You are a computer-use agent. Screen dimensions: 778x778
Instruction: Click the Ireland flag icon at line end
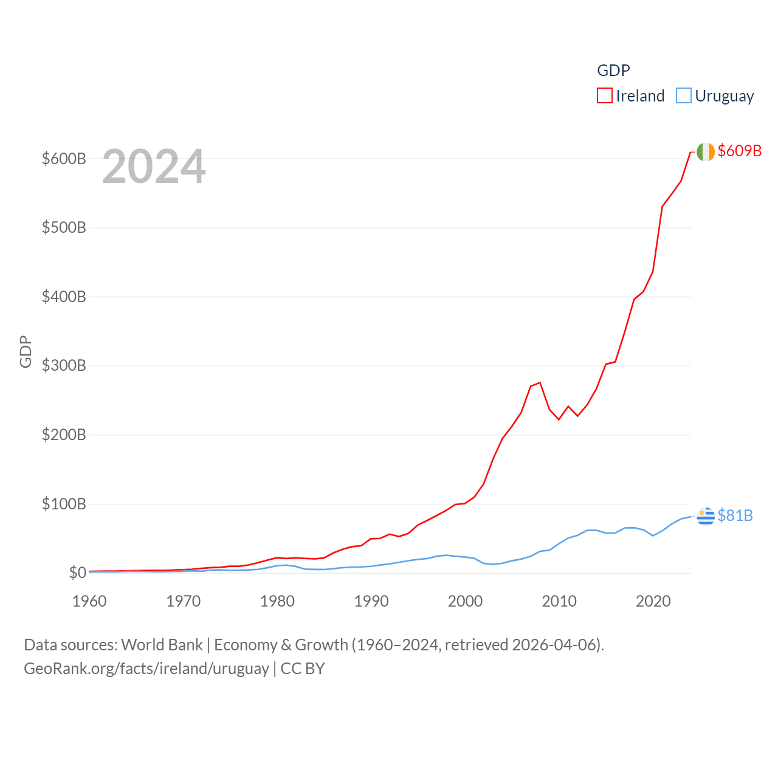click(x=706, y=152)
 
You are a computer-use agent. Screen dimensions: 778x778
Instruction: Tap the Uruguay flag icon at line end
click(x=706, y=516)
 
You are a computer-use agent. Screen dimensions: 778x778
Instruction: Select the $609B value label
click(x=739, y=151)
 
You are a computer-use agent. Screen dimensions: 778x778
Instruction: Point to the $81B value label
click(x=735, y=515)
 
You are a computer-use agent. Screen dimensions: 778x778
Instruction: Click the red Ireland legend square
click(x=604, y=96)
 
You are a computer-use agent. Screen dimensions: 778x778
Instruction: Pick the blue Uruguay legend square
click(x=684, y=96)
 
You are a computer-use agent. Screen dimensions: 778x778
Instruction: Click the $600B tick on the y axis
click(x=64, y=159)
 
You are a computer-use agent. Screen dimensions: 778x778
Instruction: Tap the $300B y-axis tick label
click(x=64, y=366)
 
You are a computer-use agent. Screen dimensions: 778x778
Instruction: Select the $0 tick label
click(x=77, y=573)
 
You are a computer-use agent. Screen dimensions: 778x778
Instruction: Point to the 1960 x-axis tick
click(x=89, y=601)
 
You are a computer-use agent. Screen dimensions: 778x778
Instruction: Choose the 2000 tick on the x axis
click(x=465, y=601)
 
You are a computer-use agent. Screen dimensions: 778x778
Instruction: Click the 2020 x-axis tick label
click(x=653, y=601)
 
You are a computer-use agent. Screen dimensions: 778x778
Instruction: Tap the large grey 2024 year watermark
click(x=154, y=167)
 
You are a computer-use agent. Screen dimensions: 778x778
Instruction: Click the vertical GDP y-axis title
click(x=26, y=351)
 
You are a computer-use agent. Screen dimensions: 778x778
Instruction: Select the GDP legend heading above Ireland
click(x=613, y=71)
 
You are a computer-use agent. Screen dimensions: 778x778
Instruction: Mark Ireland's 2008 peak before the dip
click(x=540, y=382)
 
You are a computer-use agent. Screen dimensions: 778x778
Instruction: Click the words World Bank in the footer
click(x=162, y=644)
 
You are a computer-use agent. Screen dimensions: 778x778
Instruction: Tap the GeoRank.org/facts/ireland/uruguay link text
click(x=146, y=669)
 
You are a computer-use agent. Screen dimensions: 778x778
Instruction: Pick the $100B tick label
click(x=64, y=504)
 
